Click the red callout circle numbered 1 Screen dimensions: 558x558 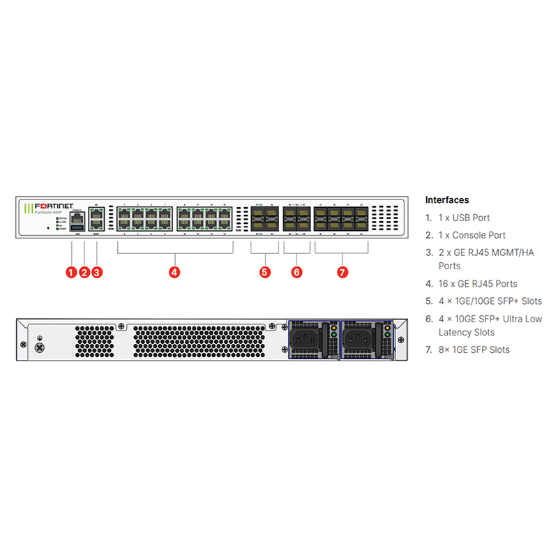tap(70, 272)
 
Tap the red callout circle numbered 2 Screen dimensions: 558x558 tap(84, 272)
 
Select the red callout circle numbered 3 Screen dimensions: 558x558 tap(97, 272)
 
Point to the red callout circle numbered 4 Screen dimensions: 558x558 tap(174, 272)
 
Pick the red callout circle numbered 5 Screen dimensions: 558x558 tap(264, 272)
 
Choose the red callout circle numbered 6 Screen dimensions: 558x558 tap(296, 272)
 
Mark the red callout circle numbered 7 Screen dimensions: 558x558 tap(342, 272)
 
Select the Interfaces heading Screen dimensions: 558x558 tap(447, 200)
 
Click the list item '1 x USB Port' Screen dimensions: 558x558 tap(463, 218)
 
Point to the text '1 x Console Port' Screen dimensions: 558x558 tap(472, 235)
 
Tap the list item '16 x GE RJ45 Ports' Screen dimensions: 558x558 tap(478, 284)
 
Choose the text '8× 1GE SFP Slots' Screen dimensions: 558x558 tap(474, 349)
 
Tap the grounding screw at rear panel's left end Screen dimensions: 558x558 tap(39, 347)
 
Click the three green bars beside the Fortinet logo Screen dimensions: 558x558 tap(29, 208)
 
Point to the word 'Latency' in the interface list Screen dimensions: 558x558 tap(455, 332)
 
